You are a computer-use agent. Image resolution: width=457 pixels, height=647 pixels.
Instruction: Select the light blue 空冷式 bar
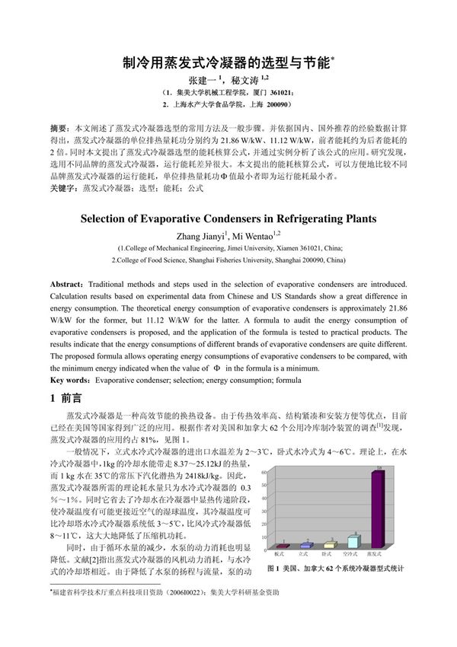click(x=353, y=541)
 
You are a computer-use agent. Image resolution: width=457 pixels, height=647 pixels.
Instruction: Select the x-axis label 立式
click(x=303, y=556)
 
